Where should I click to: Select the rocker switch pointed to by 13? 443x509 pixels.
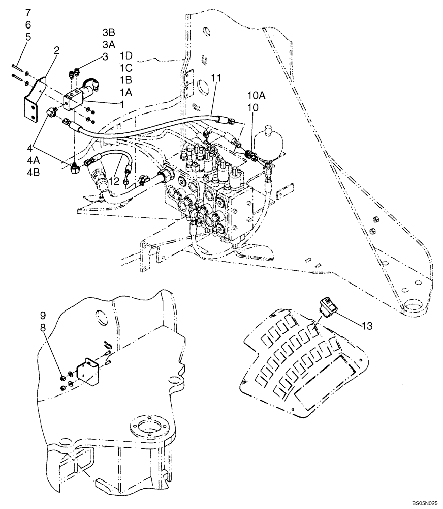325,307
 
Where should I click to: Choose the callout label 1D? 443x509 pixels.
126,54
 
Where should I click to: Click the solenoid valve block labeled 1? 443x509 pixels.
74,99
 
